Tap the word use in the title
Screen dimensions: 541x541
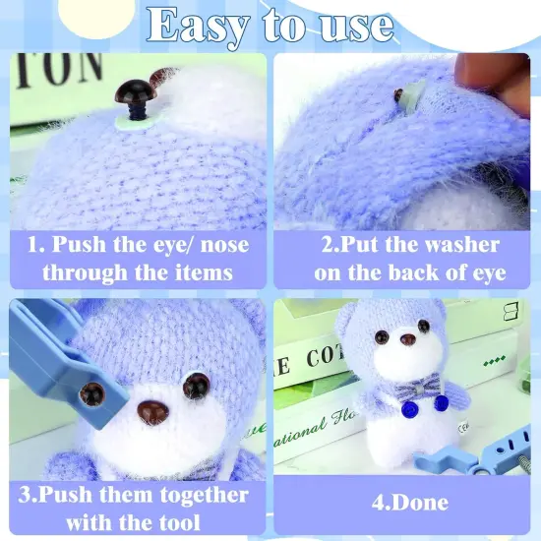tap(356, 25)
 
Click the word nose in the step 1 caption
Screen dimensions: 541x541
tap(224, 246)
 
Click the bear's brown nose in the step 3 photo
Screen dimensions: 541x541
tap(152, 411)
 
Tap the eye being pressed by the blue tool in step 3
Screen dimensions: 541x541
tap(92, 394)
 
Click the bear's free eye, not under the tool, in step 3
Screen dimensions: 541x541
tap(197, 385)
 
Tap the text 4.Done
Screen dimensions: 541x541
tap(410, 503)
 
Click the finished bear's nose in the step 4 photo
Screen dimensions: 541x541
tap(408, 339)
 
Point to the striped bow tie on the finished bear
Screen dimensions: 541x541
tap(417, 389)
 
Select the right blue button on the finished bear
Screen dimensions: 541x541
tap(442, 402)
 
